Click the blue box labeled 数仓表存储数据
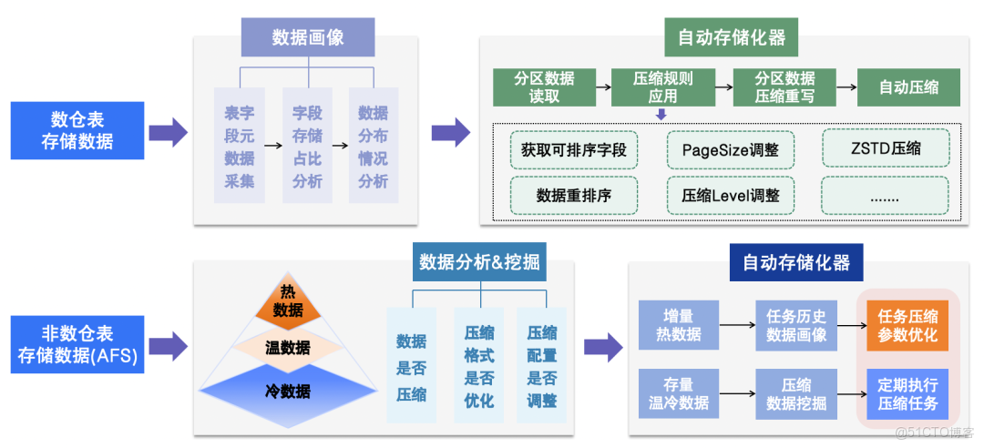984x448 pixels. [77, 131]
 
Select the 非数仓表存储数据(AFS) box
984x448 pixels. [77, 344]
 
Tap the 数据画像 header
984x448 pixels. [307, 37]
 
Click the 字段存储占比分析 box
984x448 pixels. [307, 148]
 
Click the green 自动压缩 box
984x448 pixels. [908, 87]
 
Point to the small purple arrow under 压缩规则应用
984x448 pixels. [662, 114]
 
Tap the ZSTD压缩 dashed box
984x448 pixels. [885, 148]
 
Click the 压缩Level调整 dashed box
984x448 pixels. [730, 195]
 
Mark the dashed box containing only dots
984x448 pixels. [885, 195]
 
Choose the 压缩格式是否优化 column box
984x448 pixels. [479, 365]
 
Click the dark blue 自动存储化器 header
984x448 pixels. [795, 262]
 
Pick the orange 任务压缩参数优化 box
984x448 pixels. [907, 325]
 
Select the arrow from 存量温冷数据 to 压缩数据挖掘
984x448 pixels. [737, 394]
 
